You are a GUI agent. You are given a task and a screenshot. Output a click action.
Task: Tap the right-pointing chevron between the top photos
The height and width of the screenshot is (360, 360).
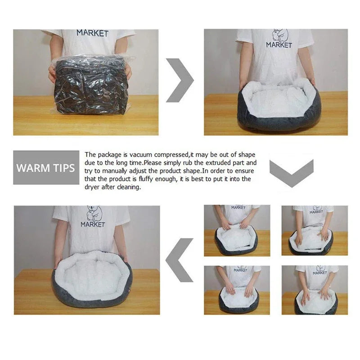click(x=180, y=80)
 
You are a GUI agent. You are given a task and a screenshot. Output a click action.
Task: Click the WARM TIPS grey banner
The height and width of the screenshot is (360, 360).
click(x=45, y=168)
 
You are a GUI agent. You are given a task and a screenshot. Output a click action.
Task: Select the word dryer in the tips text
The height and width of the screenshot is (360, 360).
click(x=93, y=187)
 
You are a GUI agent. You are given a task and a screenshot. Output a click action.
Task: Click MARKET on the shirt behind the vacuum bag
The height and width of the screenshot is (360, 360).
click(x=92, y=33)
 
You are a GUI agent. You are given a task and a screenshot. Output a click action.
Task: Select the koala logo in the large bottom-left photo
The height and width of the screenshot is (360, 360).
click(x=94, y=213)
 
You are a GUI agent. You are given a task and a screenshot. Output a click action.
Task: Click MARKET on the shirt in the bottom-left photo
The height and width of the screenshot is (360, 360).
click(x=93, y=224)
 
